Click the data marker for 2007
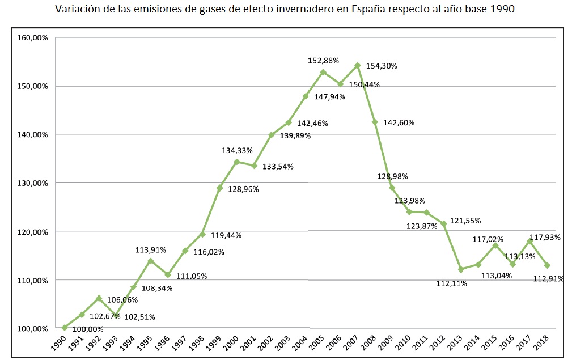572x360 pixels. click(357, 66)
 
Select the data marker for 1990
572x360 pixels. click(65, 327)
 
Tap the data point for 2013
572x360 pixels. click(461, 269)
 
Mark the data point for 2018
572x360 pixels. click(547, 265)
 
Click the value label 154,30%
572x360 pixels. click(382, 66)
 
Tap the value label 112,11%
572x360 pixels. click(452, 283)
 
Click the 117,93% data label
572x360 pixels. click(545, 238)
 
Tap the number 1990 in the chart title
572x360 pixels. click(502, 10)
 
